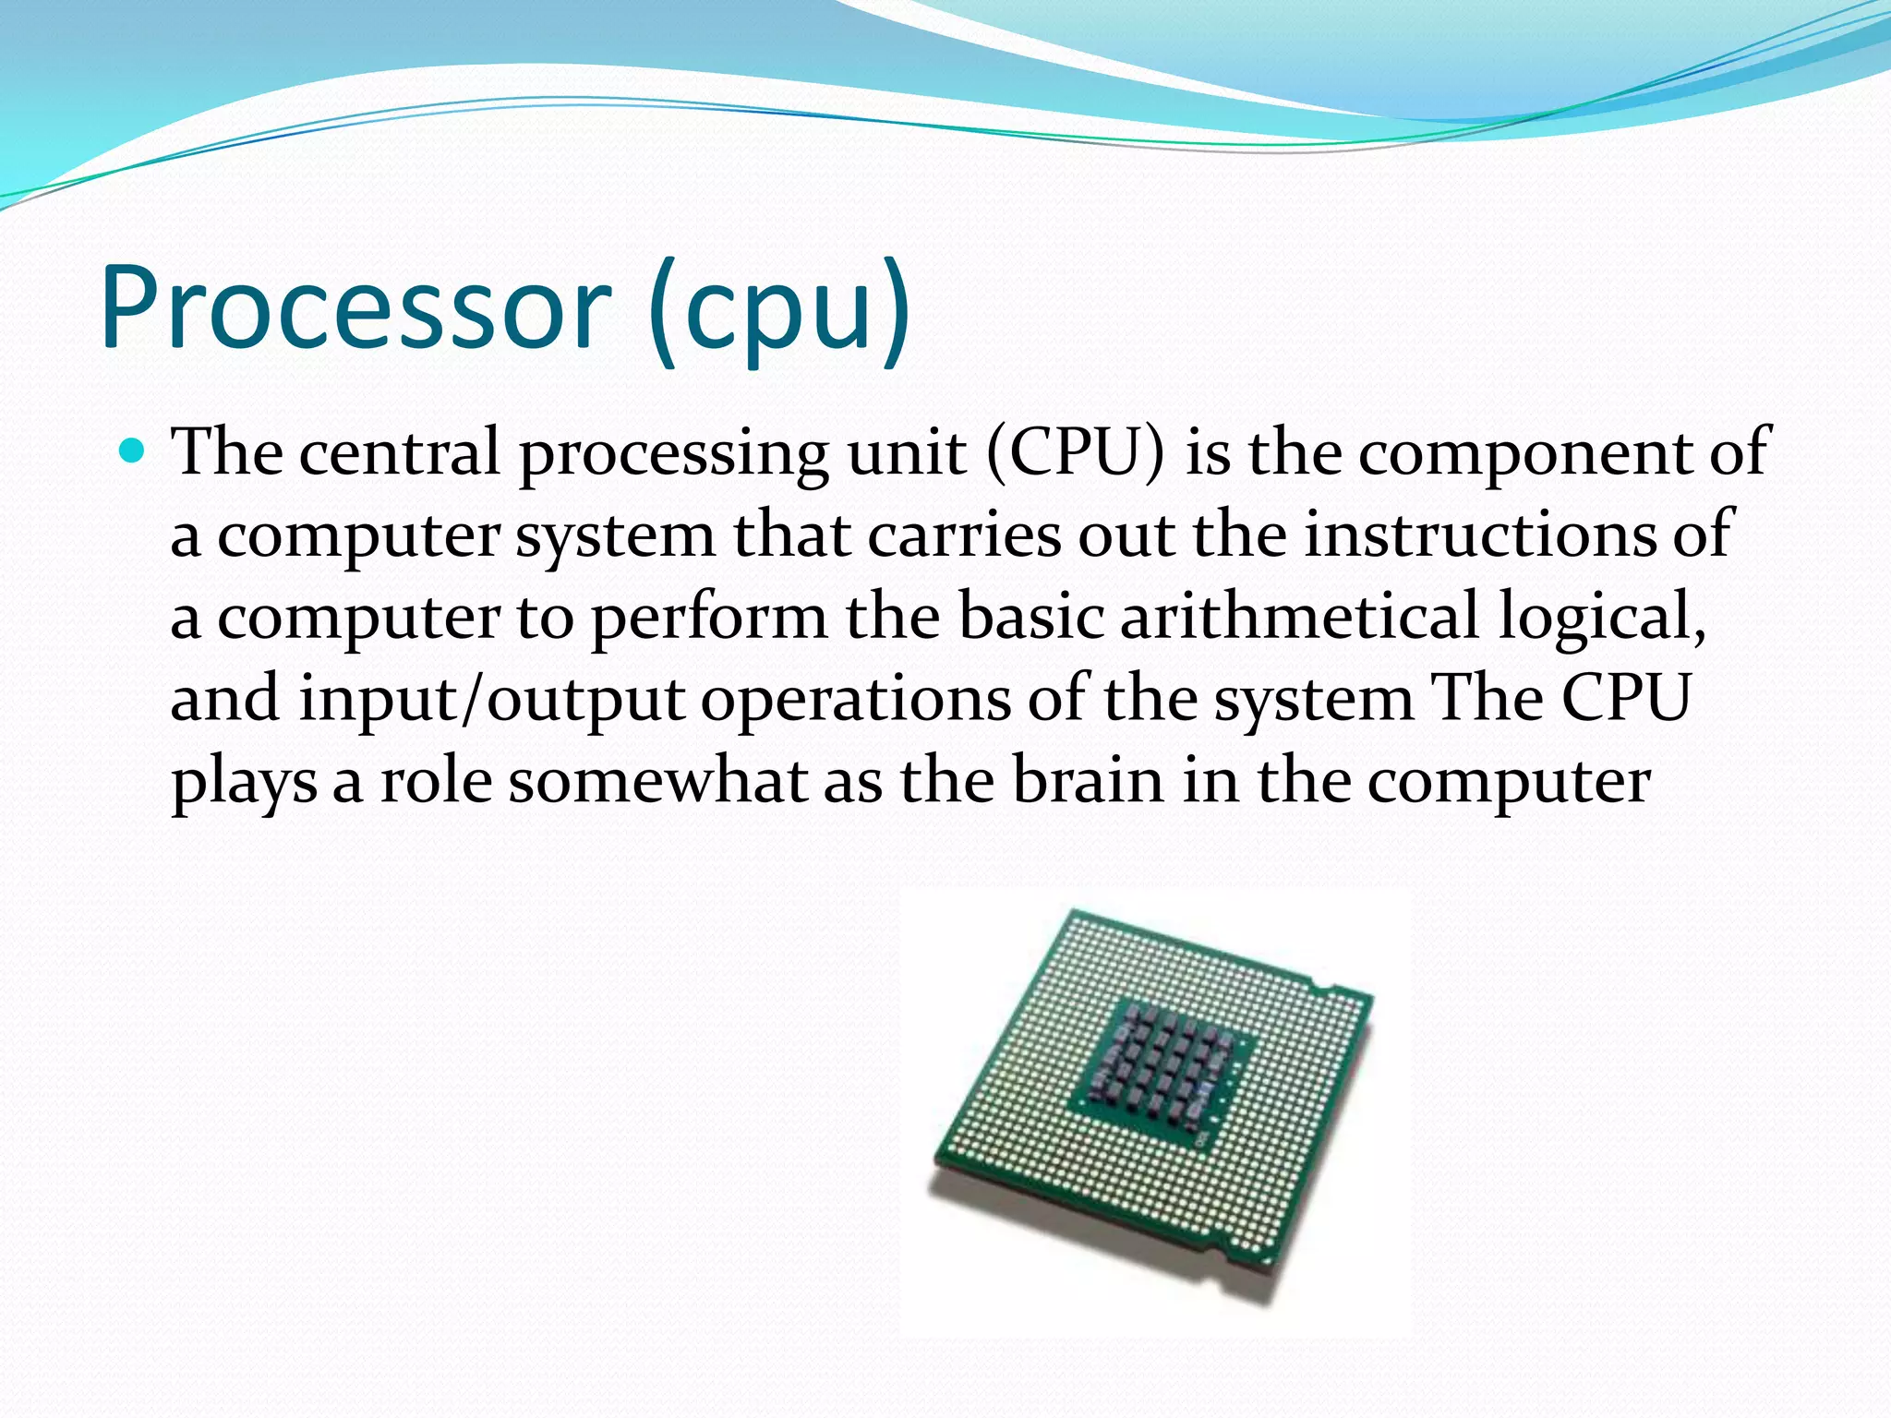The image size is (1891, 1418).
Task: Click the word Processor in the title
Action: (x=355, y=307)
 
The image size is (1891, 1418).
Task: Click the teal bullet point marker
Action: (x=133, y=451)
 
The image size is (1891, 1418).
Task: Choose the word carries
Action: (x=964, y=535)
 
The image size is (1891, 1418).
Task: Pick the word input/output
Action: (x=490, y=700)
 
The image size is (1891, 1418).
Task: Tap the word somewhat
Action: (x=657, y=781)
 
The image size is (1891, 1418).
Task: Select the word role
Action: (x=436, y=781)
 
